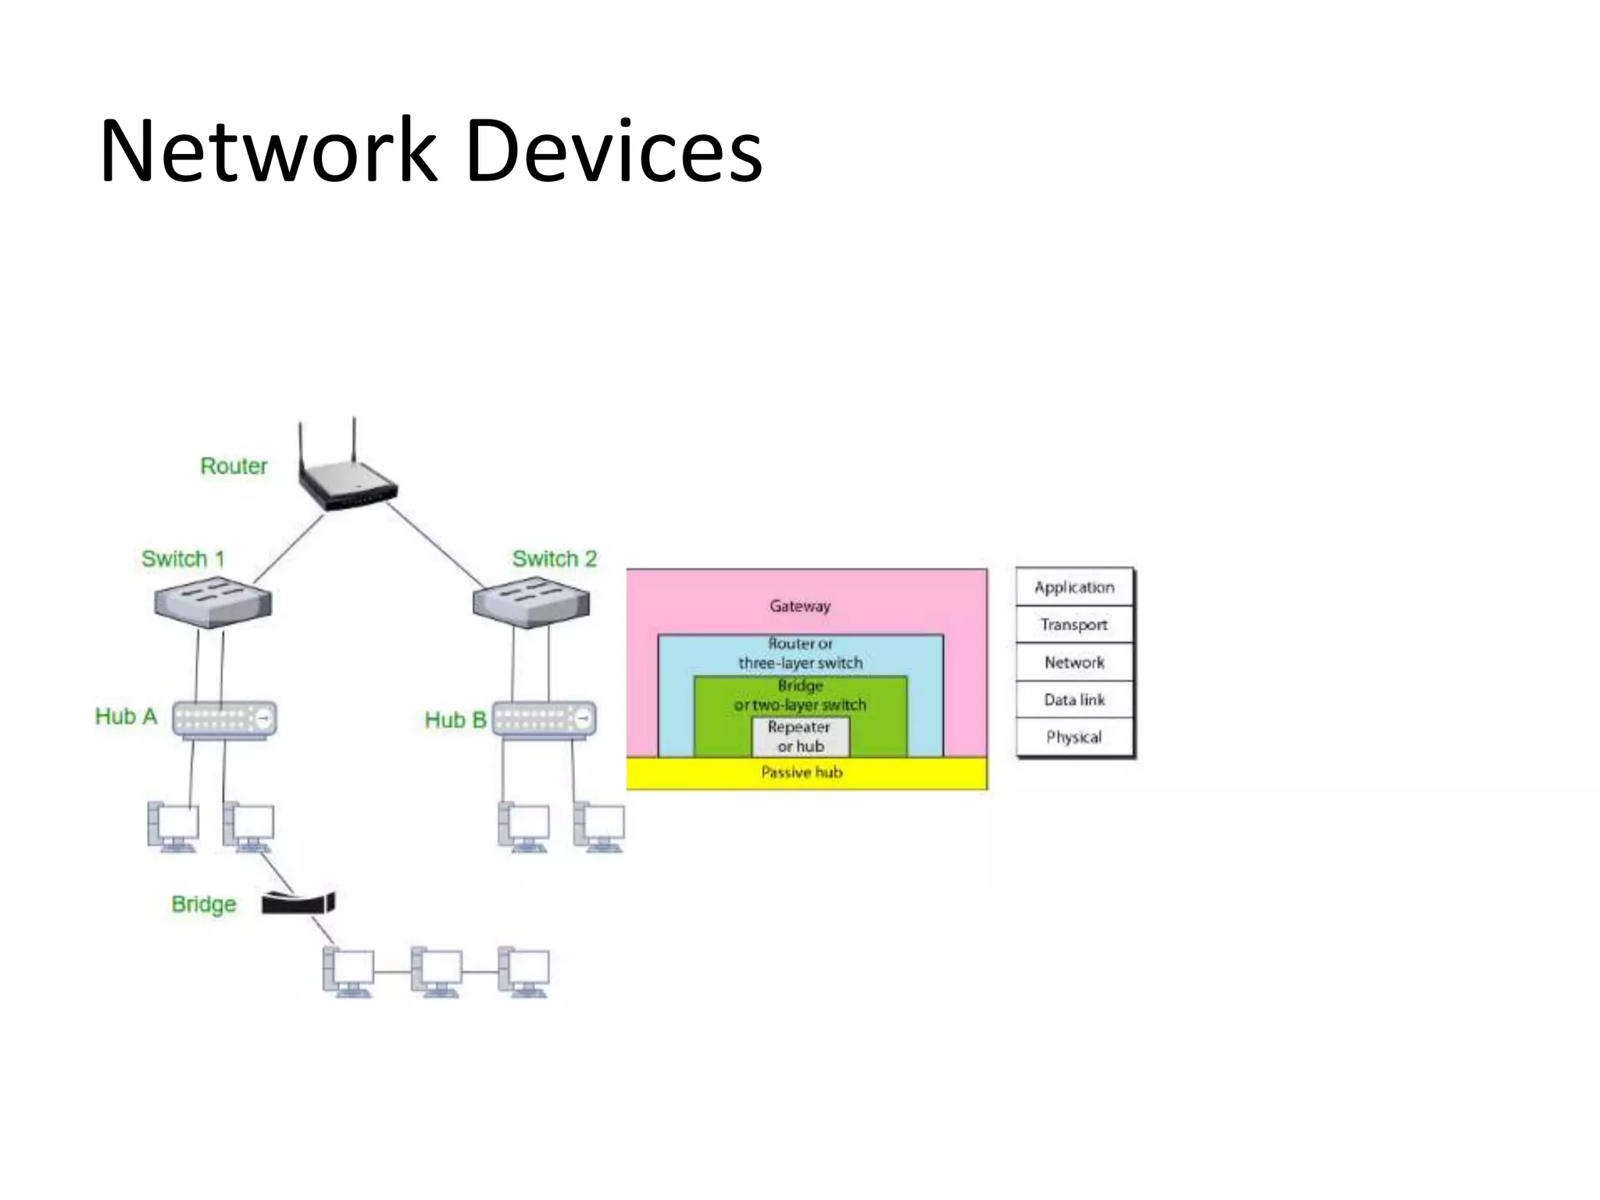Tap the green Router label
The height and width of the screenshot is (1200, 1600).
[234, 466]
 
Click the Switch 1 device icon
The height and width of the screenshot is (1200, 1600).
[212, 602]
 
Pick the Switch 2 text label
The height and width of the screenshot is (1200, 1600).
[554, 559]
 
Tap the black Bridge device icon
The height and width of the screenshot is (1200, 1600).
[298, 903]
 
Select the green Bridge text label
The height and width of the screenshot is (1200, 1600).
[203, 904]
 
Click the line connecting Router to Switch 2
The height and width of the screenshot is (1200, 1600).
[434, 545]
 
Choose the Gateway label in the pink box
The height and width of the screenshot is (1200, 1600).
[799, 605]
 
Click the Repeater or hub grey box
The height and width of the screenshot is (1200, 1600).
[800, 736]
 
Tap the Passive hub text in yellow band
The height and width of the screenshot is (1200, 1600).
[802, 773]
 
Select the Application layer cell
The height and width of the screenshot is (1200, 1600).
[1074, 587]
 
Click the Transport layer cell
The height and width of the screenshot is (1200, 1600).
[1074, 625]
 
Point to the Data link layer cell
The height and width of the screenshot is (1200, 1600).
[1074, 700]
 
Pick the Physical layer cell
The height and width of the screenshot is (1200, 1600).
[1074, 737]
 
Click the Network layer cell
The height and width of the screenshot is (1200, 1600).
[1074, 662]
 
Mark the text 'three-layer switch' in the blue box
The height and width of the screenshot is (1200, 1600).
[800, 663]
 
